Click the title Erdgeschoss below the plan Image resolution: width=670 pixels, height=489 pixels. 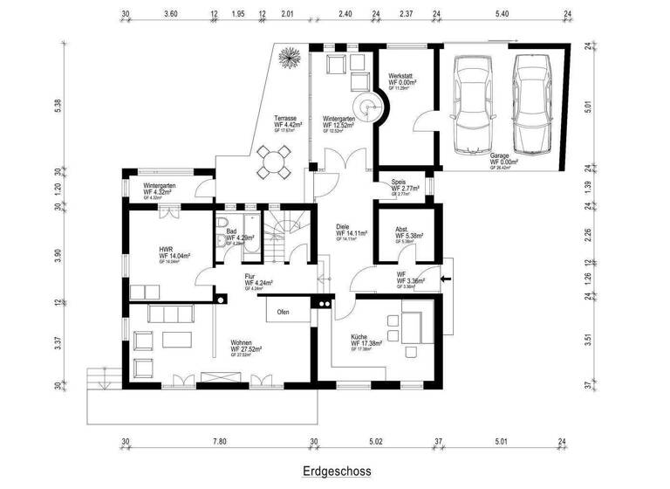(x=337, y=472)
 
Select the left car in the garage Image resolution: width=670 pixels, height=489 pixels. (x=471, y=102)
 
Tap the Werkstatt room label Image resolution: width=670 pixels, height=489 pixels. (x=401, y=77)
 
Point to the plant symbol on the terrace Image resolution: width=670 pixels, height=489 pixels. (x=286, y=59)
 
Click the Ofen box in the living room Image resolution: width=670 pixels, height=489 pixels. (x=284, y=312)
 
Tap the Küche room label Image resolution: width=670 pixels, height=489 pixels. (x=363, y=337)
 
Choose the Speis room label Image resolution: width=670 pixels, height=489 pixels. (x=399, y=183)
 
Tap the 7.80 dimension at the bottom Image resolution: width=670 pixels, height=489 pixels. (x=220, y=443)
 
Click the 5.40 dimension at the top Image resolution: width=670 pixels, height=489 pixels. (x=501, y=15)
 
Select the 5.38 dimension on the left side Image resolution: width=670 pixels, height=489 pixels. (x=58, y=104)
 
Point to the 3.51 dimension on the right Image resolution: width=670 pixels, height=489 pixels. (x=589, y=341)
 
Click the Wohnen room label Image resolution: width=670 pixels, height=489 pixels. (x=242, y=343)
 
